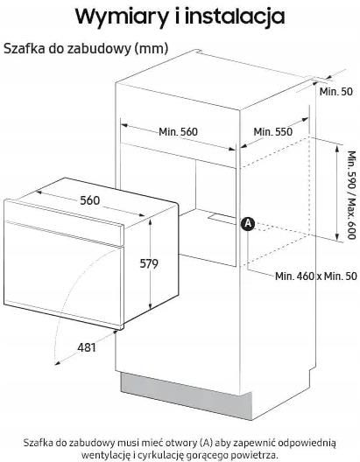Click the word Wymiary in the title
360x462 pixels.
point(122,17)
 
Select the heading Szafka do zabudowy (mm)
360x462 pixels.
point(86,49)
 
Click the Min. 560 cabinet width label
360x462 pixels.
point(178,132)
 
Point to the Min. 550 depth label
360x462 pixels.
point(272,132)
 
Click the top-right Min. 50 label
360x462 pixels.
point(336,92)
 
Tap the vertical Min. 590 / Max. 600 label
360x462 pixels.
point(351,195)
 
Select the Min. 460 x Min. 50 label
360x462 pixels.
point(316,276)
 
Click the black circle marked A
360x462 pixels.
point(248,224)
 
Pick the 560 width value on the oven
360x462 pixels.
point(90,200)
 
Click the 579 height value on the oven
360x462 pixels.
point(149,263)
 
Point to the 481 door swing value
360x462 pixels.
point(87,347)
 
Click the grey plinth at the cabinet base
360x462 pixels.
point(187,395)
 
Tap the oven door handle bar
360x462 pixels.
point(64,233)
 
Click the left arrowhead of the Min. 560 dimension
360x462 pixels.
point(124,125)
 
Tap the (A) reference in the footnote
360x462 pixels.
point(206,443)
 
